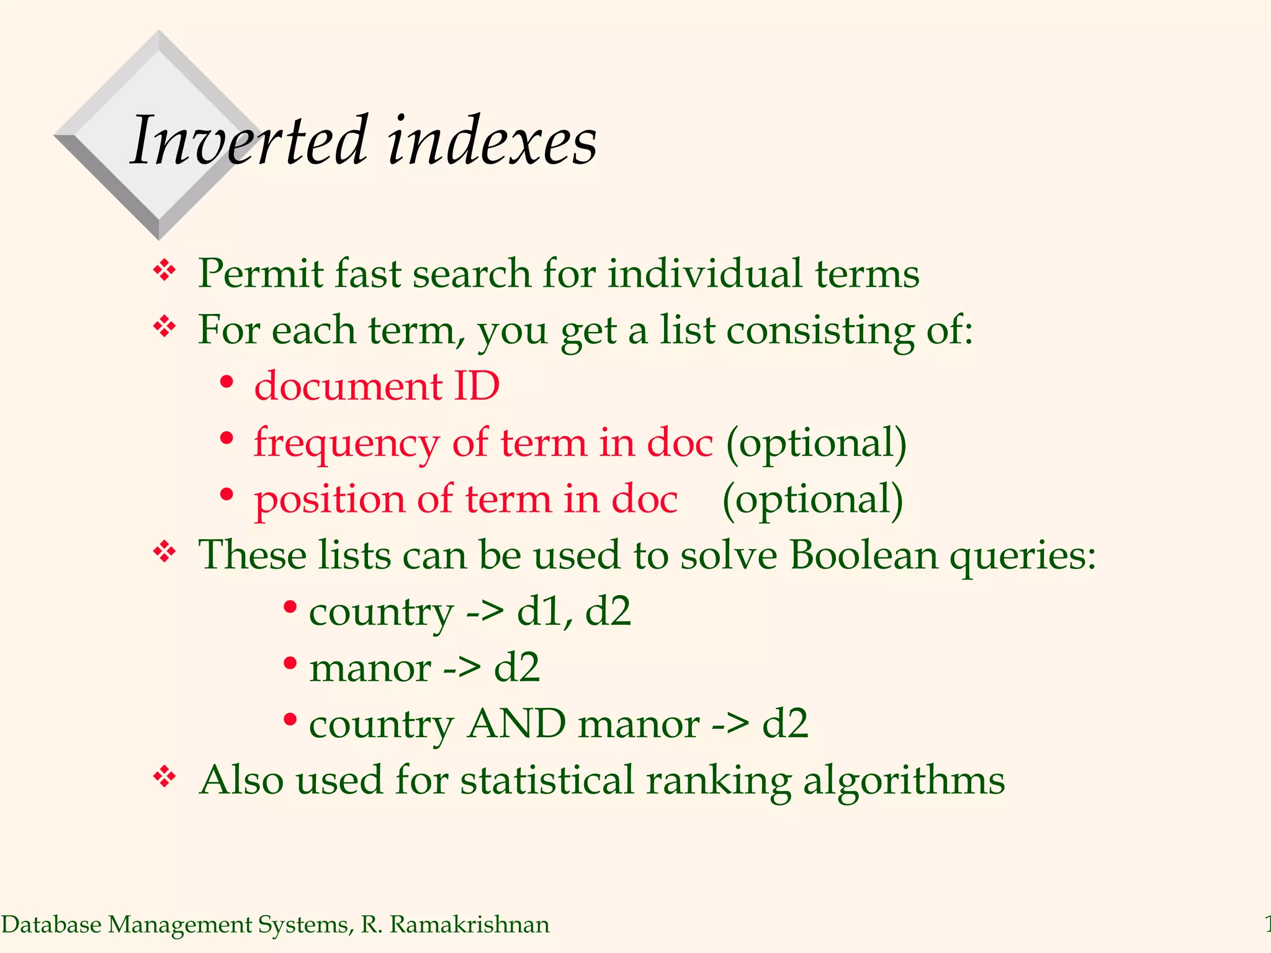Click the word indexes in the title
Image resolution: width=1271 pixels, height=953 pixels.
point(492,141)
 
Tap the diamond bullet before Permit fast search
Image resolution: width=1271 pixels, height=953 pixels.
point(164,271)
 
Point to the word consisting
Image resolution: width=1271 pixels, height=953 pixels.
point(820,330)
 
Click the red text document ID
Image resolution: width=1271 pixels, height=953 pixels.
point(377,386)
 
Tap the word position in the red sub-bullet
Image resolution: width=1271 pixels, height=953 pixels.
point(330,500)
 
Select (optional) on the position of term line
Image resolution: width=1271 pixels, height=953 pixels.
point(812,500)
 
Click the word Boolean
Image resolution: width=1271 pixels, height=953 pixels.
point(863,555)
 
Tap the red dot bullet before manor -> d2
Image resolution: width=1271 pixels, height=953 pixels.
point(290,663)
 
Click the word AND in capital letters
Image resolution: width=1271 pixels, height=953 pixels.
point(516,724)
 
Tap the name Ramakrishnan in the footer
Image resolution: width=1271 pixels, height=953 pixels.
point(469,924)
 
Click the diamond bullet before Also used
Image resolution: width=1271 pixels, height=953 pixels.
point(164,776)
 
